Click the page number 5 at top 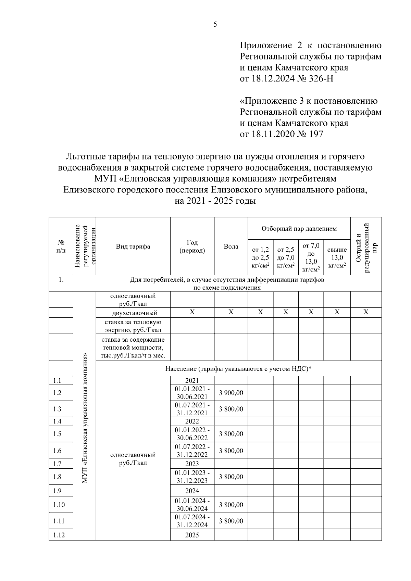pyautogui.click(x=215, y=24)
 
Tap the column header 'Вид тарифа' pyautogui.click(x=133, y=247)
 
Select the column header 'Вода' pyautogui.click(x=231, y=247)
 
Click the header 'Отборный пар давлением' pyautogui.click(x=299, y=229)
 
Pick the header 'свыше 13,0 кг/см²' pyautogui.click(x=337, y=258)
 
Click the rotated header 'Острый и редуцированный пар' pyautogui.click(x=366, y=247)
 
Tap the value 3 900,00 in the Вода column pyautogui.click(x=231, y=393)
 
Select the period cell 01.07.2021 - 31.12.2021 pyautogui.click(x=192, y=409)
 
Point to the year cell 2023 pyautogui.click(x=192, y=464)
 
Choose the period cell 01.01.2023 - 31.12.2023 pyautogui.click(x=192, y=477)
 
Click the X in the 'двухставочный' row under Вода pyautogui.click(x=231, y=312)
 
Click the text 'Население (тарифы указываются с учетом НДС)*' pyautogui.click(x=238, y=369)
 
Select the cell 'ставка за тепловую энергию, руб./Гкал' pyautogui.click(x=133, y=326)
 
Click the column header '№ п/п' pyautogui.click(x=61, y=247)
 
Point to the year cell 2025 pyautogui.click(x=192, y=535)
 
